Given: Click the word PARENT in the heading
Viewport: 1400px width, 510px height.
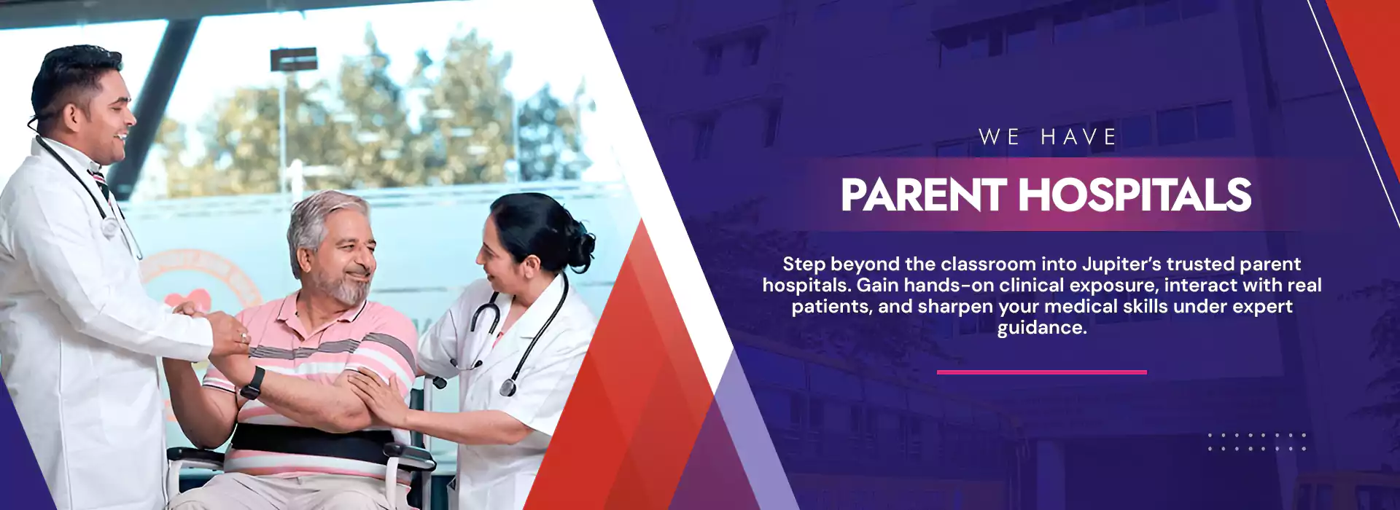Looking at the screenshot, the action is [923, 195].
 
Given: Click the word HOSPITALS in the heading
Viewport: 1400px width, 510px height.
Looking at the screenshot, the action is [1135, 195].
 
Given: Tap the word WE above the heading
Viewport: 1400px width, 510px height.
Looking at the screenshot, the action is [998, 137].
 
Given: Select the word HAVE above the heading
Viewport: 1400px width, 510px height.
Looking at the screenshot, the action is [1078, 137].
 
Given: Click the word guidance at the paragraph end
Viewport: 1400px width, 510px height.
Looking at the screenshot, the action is [1040, 328].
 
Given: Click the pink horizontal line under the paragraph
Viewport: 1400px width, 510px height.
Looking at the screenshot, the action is [1041, 372].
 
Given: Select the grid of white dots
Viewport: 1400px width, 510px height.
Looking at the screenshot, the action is [1256, 442].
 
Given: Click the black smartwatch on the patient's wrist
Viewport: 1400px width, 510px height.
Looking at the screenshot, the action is [252, 382].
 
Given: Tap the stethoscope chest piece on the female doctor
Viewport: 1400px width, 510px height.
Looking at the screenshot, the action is [508, 385].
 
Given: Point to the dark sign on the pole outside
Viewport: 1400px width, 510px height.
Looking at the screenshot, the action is [293, 59].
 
